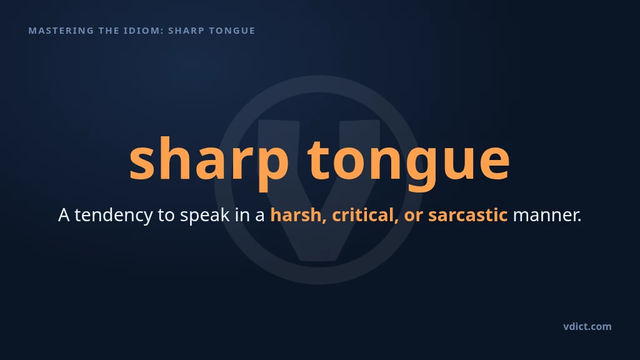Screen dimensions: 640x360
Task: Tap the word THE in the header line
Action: coord(109,31)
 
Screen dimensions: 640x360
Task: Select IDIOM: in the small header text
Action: coord(144,31)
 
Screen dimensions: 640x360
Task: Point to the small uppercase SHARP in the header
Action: coord(186,31)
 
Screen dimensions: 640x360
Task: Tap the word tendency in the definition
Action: coord(114,215)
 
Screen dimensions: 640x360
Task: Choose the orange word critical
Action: coord(365,215)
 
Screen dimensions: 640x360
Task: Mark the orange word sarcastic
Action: coord(467,215)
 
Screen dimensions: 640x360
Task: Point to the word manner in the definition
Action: coord(547,216)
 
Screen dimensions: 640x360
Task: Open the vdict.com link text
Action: coord(587,326)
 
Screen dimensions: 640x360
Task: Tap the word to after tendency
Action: coord(166,216)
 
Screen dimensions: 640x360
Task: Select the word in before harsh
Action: coord(242,215)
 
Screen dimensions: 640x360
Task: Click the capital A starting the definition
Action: coord(64,215)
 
